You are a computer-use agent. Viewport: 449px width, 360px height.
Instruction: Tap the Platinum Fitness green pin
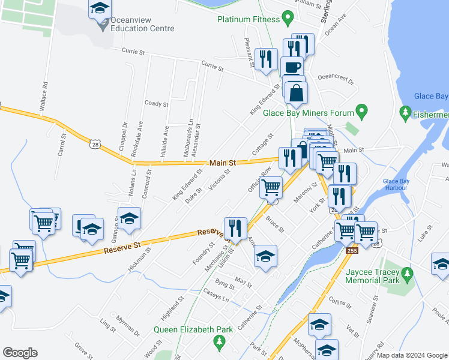[288, 19]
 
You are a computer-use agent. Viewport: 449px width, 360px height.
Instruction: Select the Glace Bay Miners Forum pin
[361, 111]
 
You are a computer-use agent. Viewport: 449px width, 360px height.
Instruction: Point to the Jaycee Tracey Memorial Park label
[372, 280]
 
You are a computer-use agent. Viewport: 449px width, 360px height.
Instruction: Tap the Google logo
[20, 353]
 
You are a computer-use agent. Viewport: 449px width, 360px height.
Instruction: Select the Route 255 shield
[352, 250]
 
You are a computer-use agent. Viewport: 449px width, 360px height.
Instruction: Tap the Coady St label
[157, 104]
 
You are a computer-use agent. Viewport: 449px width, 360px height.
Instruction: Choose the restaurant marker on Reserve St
[235, 227]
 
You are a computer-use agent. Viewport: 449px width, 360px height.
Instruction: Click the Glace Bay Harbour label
[395, 184]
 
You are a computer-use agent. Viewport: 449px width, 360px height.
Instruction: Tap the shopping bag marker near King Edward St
[297, 92]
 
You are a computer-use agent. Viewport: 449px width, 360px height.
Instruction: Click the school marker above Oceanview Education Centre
[100, 8]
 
